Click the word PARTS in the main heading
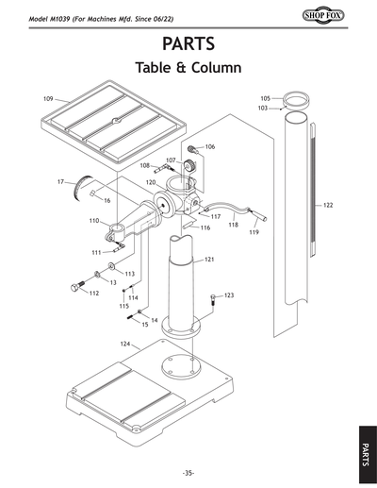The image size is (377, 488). point(188,44)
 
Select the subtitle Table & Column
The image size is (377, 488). point(188,69)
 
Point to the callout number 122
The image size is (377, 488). point(328,205)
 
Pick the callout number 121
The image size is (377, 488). point(209,259)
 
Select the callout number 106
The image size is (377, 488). point(209,147)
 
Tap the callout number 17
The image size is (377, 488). point(59,180)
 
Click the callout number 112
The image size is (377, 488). point(94,293)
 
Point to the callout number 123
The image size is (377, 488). point(228,296)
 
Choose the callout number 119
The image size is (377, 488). point(254,232)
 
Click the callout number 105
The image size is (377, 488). point(265,98)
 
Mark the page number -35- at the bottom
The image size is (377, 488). point(188,472)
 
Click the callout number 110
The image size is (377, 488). point(94,221)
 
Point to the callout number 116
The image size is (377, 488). point(204,227)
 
